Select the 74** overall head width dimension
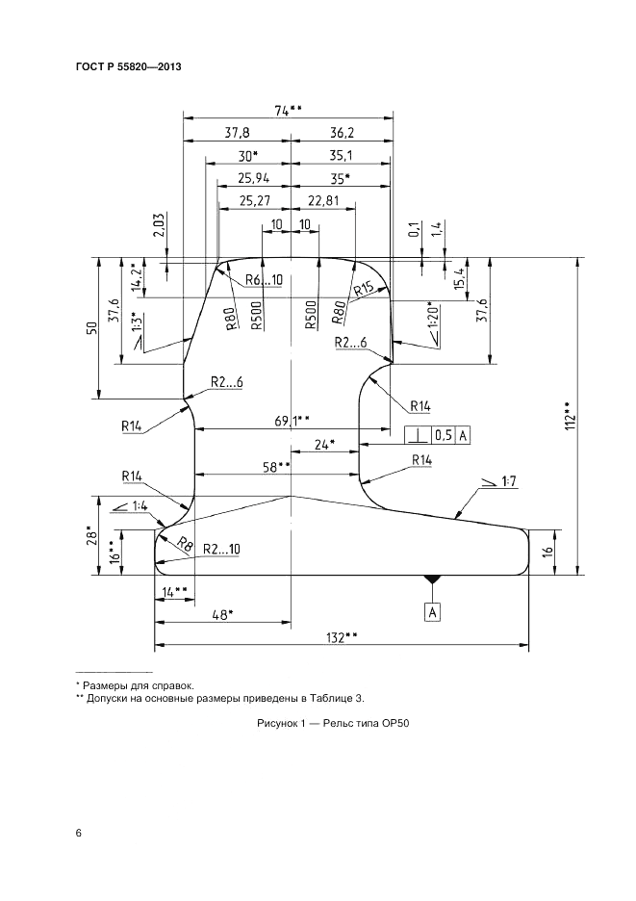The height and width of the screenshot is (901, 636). [x=288, y=111]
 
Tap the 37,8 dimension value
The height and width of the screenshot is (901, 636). [x=237, y=133]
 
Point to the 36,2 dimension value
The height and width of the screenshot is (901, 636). [x=342, y=133]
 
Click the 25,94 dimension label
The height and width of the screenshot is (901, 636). [x=251, y=178]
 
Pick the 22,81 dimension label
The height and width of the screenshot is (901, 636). [x=322, y=200]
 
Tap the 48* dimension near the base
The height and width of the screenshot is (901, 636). [x=222, y=614]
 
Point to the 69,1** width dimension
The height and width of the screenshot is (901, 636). [x=291, y=420]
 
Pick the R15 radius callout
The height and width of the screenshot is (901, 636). [x=363, y=289]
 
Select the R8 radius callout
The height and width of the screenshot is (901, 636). [x=185, y=545]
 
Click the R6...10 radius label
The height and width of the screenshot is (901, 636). [x=263, y=280]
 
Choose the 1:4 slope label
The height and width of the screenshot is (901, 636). [x=135, y=504]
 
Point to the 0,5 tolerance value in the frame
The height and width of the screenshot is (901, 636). [x=443, y=435]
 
